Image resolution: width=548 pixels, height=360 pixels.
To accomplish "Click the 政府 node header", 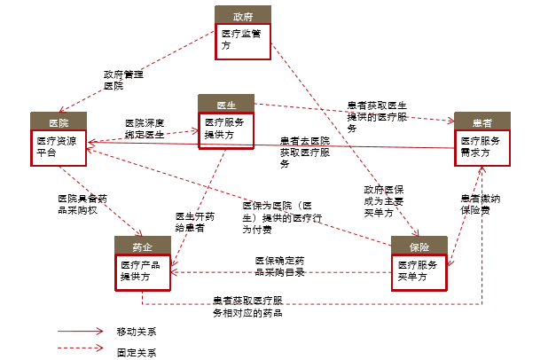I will pos(242,16).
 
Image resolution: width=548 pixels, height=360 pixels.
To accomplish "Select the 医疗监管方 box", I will pos(242,42).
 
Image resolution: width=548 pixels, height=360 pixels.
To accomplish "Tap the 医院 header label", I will pos(58,121).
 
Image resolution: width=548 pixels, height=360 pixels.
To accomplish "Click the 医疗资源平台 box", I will pos(58,147).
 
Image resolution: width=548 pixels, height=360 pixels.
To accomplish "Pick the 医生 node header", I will pos(227,103).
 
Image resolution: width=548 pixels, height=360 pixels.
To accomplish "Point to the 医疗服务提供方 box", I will pos(227,129).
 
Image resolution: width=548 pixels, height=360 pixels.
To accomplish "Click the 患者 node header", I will pos(482,121).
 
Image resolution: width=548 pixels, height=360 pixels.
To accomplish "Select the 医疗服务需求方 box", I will pos(482,147).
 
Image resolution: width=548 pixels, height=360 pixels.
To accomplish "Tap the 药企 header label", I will pos(142,247).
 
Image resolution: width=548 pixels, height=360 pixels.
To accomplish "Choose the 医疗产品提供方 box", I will pos(142,271).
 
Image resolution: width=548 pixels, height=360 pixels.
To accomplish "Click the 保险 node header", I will pos(419,247).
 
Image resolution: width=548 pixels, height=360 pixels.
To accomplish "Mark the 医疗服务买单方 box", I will pos(419,271).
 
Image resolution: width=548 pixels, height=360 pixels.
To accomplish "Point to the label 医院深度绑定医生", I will pos(145,128).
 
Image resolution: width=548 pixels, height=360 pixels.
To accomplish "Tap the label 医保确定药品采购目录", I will pos(280,266).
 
